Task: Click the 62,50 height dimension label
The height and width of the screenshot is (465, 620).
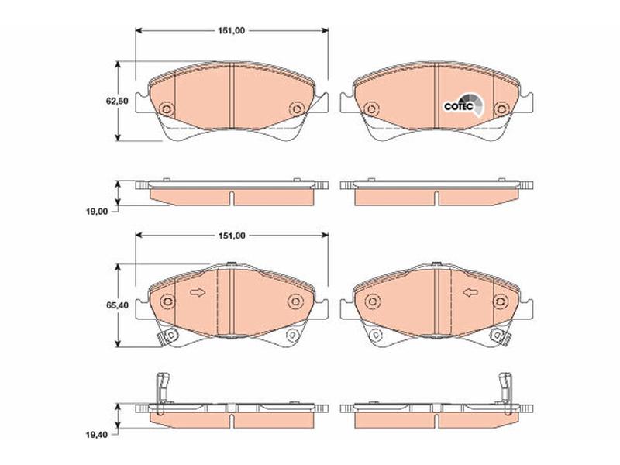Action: pyautogui.click(x=117, y=101)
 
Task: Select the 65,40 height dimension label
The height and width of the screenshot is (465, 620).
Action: pyautogui.click(x=117, y=305)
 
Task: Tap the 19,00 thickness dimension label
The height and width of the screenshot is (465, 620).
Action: pyautogui.click(x=97, y=212)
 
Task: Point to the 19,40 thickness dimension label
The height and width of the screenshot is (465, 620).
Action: pyautogui.click(x=97, y=435)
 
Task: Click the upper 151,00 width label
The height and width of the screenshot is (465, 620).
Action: pyautogui.click(x=232, y=30)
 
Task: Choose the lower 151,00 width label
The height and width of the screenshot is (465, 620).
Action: pyautogui.click(x=232, y=236)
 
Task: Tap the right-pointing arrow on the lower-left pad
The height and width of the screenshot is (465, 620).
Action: pyautogui.click(x=198, y=293)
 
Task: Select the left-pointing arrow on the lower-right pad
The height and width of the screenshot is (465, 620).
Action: pyautogui.click(x=470, y=293)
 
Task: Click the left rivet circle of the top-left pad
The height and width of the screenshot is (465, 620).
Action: pyautogui.click(x=167, y=108)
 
